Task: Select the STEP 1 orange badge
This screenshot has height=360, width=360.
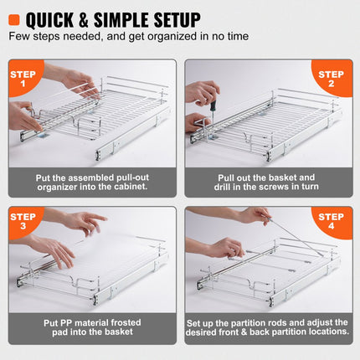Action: click(24, 78)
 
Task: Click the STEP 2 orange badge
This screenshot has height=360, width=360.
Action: click(333, 78)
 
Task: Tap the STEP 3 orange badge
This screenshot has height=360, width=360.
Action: click(24, 224)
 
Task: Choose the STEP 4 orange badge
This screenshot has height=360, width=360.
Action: click(333, 224)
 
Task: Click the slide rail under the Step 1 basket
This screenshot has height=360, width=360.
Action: click(117, 151)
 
